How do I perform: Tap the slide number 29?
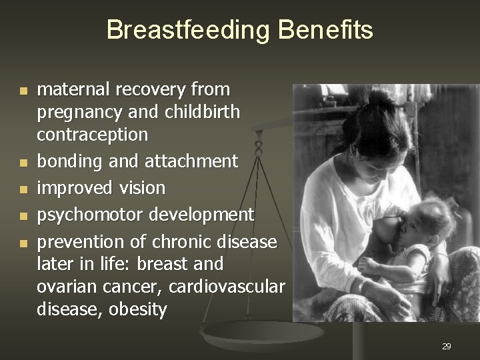point(447,346)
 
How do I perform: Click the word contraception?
point(92,135)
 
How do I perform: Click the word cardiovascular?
point(227,287)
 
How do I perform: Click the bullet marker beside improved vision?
point(24,189)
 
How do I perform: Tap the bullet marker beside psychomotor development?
point(24,216)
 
